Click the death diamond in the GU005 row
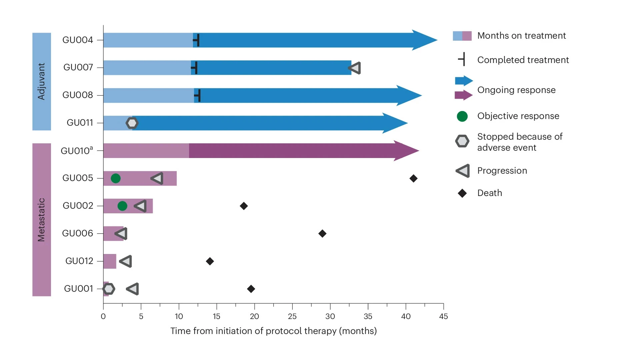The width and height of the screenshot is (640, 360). coord(413,178)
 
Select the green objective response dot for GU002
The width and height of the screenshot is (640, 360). coord(122,206)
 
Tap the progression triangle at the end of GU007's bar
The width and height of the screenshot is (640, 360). coord(355,68)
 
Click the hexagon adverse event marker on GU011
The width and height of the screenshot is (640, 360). coord(132,123)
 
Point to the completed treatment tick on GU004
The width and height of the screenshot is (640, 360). coord(197,40)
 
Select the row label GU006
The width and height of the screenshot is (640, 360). coord(77,233)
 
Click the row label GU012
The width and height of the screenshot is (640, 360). coord(79,261)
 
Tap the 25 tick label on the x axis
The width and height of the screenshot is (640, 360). coord(292,316)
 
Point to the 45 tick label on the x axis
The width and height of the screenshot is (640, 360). coord(443,316)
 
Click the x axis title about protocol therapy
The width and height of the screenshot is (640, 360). coord(273,331)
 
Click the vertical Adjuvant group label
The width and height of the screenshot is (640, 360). coord(41,81)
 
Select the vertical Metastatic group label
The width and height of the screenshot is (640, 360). coord(41,220)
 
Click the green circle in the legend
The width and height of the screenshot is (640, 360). coord(462,116)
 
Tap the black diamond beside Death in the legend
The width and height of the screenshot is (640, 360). coord(462,193)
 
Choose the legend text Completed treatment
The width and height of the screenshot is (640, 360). coord(523,60)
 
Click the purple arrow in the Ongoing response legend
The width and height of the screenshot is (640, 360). coord(463,95)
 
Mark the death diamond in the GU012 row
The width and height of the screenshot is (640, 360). coord(210,261)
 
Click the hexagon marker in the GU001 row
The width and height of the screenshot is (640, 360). coord(109,289)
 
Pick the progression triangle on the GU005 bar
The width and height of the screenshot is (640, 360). coord(157,178)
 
